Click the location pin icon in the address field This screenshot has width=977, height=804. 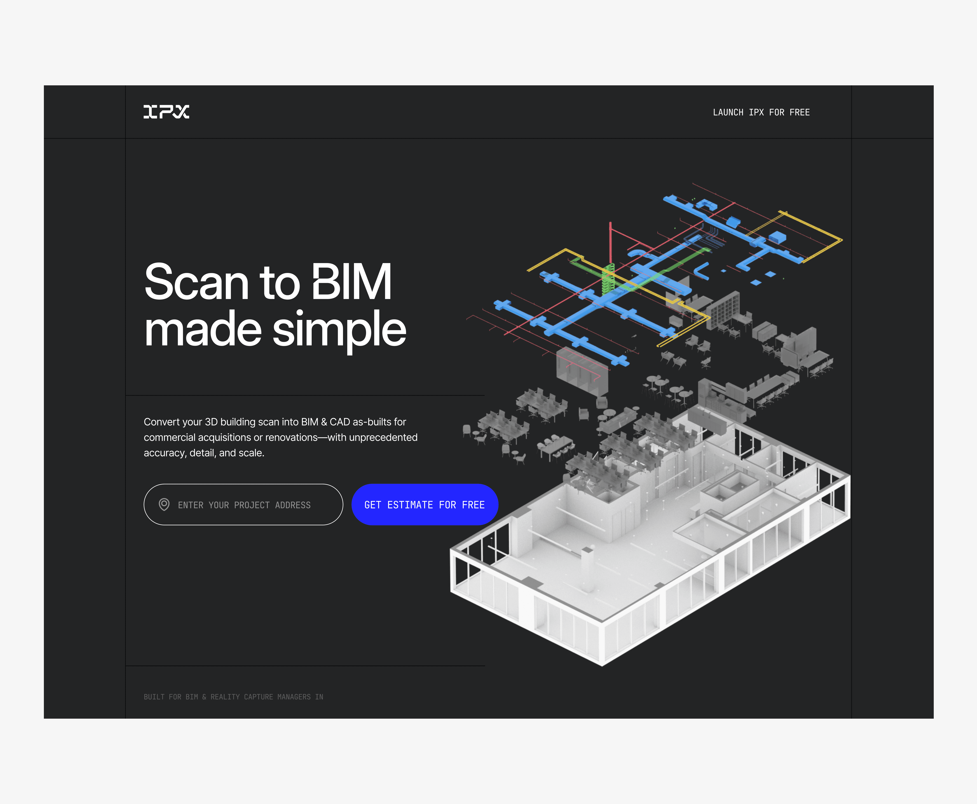[x=164, y=504]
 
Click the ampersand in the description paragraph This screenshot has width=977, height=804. [x=324, y=422]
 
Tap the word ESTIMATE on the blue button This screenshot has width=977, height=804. [x=410, y=505]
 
